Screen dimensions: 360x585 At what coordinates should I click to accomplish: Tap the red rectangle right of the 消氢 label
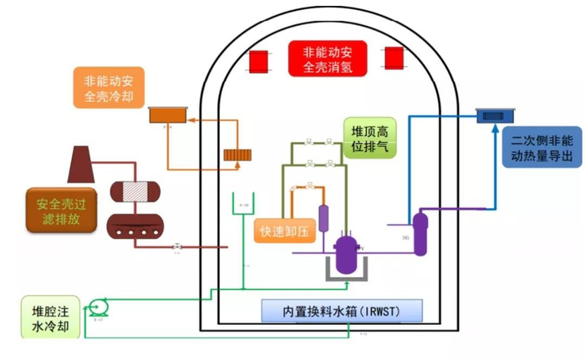point(393,59)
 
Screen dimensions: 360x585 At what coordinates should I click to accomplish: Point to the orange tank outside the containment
point(166,116)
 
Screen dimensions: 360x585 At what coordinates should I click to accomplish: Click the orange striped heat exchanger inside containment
point(237,156)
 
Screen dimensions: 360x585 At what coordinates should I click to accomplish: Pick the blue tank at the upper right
point(495,116)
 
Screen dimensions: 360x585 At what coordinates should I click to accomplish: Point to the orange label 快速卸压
point(282,230)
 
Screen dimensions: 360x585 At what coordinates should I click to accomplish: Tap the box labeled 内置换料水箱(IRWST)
point(342,311)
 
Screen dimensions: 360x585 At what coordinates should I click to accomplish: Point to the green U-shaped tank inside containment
point(243,207)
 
